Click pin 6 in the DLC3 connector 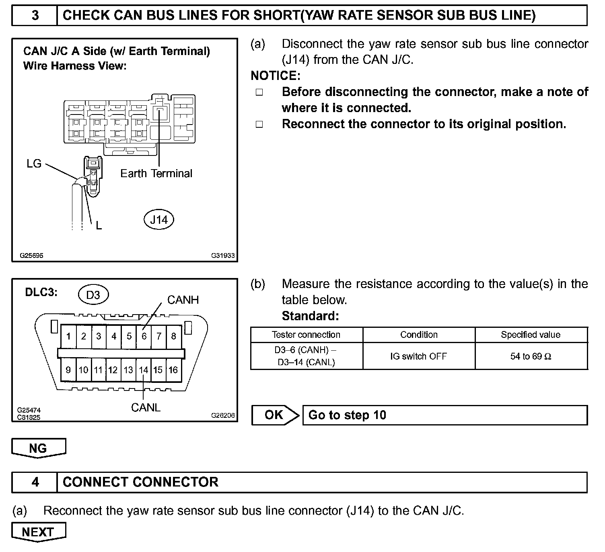click(144, 336)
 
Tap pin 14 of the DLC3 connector click(144, 370)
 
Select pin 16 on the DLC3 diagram click(173, 370)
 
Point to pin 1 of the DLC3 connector click(68, 336)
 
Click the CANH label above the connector click(183, 300)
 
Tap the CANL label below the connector click(146, 407)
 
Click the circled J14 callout click(158, 220)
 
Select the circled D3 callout click(93, 295)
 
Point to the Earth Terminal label click(156, 174)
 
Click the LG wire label click(34, 164)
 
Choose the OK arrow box click(275, 415)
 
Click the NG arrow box click(38, 448)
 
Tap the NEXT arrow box click(38, 532)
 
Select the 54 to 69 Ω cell click(531, 356)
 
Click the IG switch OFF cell click(418, 356)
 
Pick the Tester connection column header click(306, 335)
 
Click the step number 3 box click(35, 16)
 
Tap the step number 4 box click(35, 482)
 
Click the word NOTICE click(275, 76)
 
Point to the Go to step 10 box click(444, 415)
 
